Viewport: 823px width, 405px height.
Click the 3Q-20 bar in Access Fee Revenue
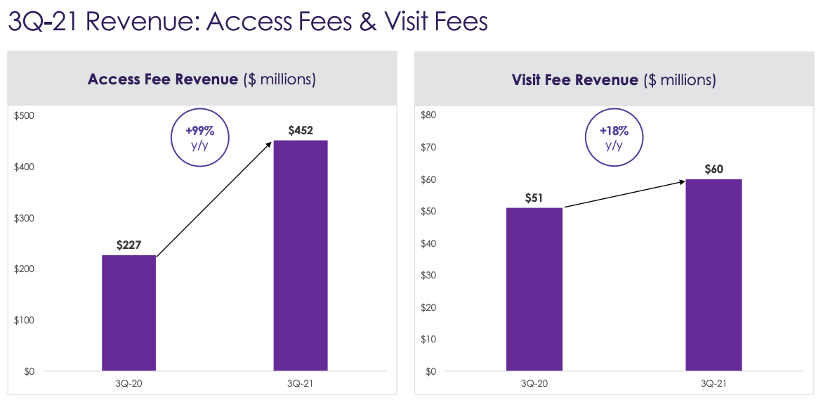coord(129,313)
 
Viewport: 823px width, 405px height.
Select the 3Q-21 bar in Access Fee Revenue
coord(300,256)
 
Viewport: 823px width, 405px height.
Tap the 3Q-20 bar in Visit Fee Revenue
coord(534,289)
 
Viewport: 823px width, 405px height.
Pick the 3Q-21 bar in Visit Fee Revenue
coord(713,275)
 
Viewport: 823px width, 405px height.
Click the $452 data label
coord(300,130)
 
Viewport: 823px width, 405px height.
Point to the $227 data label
coord(129,245)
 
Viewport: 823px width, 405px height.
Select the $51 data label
coord(534,198)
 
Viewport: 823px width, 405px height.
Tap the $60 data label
coord(713,169)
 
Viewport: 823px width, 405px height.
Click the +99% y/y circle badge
coord(200,138)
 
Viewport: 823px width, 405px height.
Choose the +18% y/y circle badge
coord(614,138)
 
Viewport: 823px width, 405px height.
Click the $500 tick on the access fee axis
coord(25,115)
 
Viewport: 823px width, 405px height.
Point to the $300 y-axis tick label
coord(25,218)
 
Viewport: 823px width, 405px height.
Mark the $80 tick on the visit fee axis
coord(428,115)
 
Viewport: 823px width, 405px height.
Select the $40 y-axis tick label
coord(428,243)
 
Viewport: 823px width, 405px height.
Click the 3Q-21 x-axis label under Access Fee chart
coord(300,383)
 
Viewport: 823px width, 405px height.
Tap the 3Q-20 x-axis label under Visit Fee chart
coord(534,383)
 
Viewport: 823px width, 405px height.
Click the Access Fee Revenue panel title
coord(202,79)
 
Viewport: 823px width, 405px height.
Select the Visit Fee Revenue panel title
coord(614,79)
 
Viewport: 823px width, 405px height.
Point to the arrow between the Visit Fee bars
coord(624,194)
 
